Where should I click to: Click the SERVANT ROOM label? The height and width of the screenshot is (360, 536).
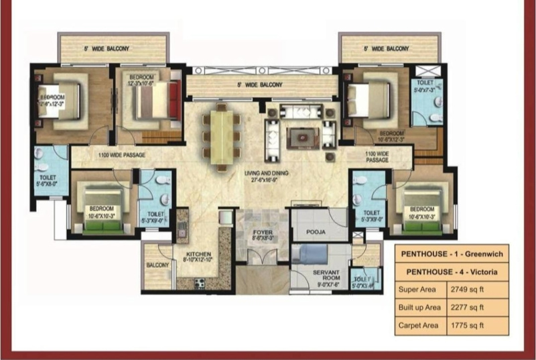coord(326,276)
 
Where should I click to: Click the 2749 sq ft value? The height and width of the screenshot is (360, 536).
coord(468,290)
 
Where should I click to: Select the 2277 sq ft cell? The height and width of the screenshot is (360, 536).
coord(468,308)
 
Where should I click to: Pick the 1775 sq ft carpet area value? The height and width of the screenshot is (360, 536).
coord(468,326)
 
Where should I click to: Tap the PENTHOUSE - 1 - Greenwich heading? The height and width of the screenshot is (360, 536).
coord(452,255)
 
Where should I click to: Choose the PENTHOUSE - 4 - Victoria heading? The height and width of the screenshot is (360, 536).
coord(452,272)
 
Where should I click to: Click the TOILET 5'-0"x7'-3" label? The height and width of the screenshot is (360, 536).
coord(423,84)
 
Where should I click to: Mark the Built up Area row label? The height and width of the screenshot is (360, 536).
coord(419,308)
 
